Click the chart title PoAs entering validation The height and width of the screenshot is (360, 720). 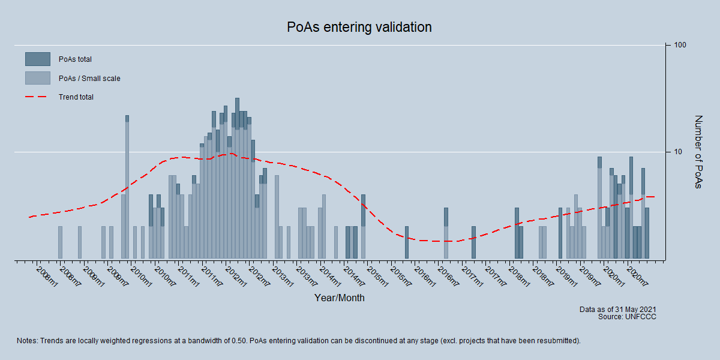pyautogui.click(x=359, y=28)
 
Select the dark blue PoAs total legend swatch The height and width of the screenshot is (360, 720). pyautogui.click(x=37, y=59)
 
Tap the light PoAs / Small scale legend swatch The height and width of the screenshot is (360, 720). pyautogui.click(x=37, y=78)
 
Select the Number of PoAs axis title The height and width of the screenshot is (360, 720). pyautogui.click(x=698, y=152)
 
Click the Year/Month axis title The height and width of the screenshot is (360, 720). pyautogui.click(x=339, y=298)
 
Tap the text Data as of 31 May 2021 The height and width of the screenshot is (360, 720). pyautogui.click(x=617, y=310)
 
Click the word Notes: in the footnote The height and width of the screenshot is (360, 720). pyautogui.click(x=28, y=341)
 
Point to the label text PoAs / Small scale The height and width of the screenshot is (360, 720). pyautogui.click(x=89, y=79)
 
